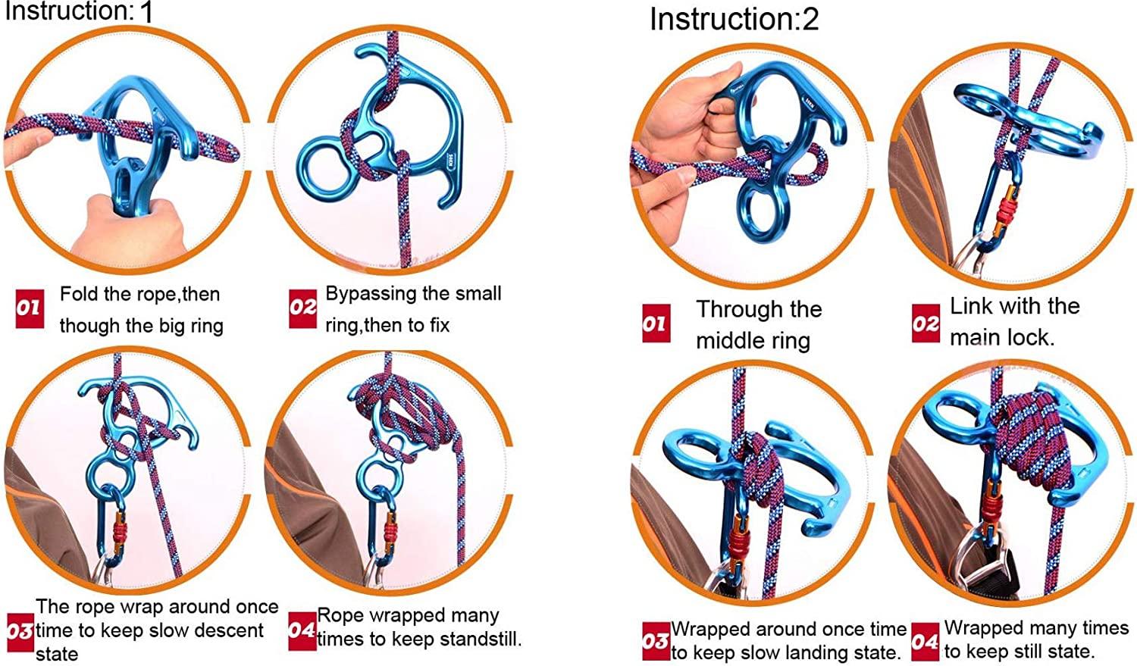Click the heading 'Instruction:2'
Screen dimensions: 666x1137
coord(734,19)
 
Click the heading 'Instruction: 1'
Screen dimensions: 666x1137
coord(79,11)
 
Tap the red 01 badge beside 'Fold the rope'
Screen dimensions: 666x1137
coord(29,308)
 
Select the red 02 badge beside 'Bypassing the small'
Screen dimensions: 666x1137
coord(302,307)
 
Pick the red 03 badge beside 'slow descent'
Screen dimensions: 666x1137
coord(20,630)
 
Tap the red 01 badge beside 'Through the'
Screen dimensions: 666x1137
coord(656,324)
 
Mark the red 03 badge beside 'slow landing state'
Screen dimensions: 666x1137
coord(656,641)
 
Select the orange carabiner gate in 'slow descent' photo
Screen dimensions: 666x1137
coord(119,532)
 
